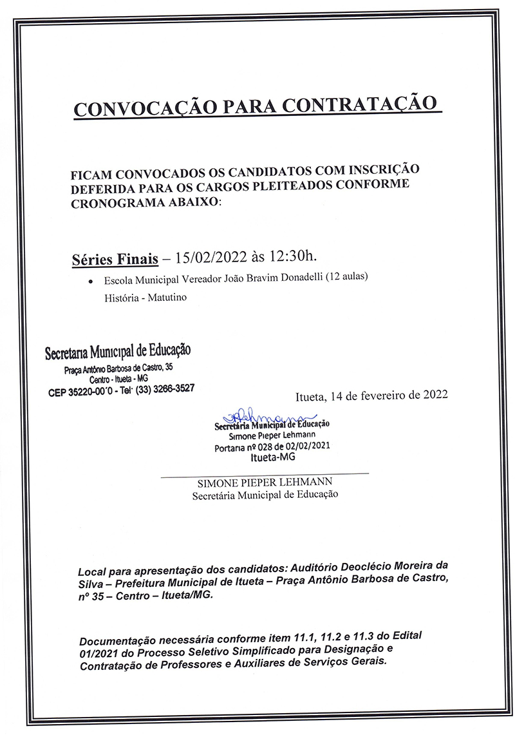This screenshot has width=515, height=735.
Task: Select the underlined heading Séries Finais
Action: click(x=115, y=260)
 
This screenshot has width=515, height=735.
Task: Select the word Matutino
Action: click(x=167, y=298)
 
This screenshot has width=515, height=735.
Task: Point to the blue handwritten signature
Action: click(x=270, y=415)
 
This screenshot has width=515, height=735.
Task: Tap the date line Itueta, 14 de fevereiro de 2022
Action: click(x=371, y=395)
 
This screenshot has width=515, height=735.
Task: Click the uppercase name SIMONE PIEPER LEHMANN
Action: click(x=265, y=483)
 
